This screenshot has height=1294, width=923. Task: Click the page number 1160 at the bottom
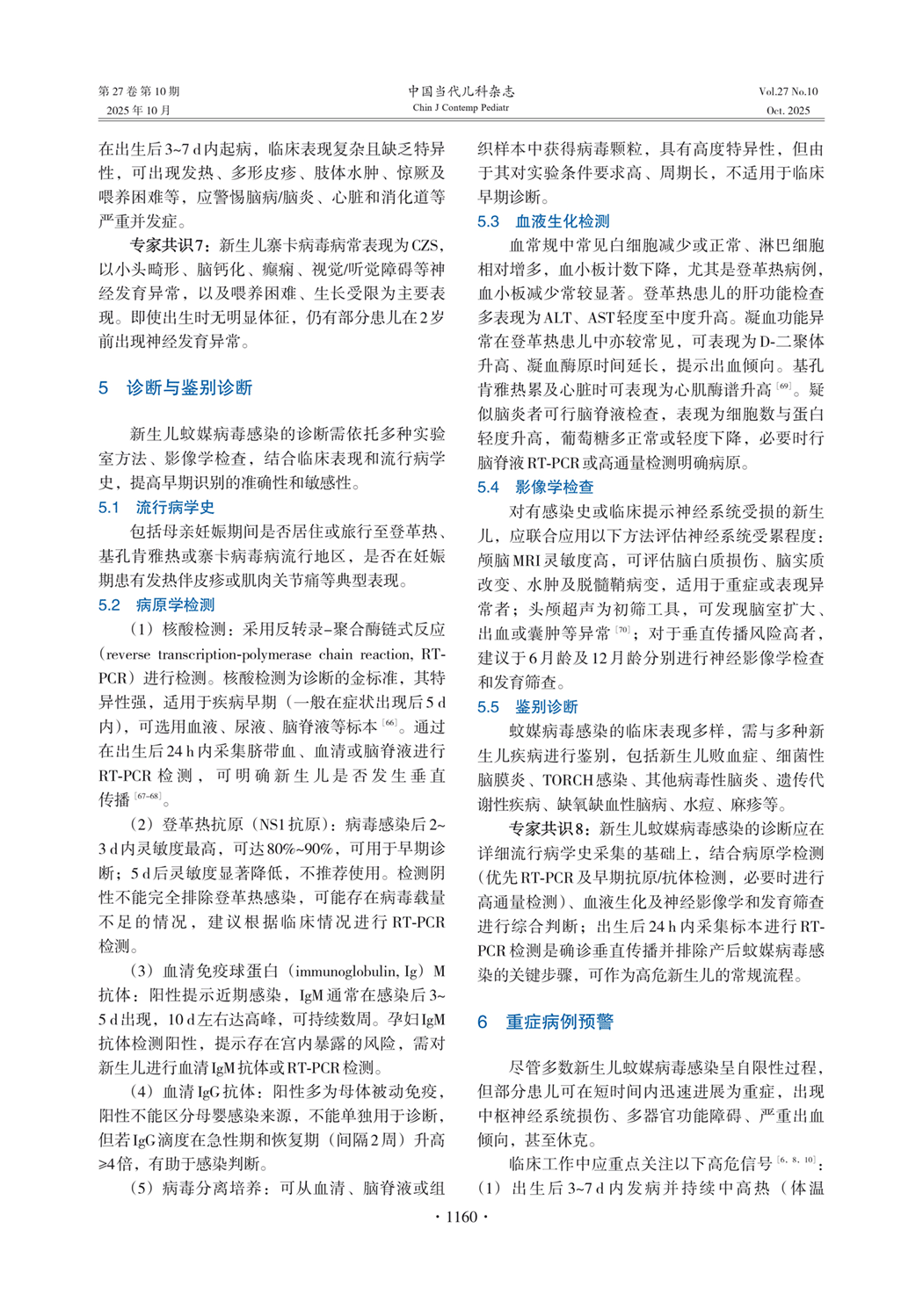(461, 1217)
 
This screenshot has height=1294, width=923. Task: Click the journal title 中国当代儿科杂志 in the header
(461, 91)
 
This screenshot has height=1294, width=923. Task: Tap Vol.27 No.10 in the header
(788, 91)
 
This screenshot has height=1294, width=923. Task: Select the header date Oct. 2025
(788, 111)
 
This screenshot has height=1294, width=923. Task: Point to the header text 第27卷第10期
(139, 91)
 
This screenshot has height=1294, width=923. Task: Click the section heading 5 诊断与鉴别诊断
(176, 387)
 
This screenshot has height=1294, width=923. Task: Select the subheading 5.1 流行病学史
(156, 507)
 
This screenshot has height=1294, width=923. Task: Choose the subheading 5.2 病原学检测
(156, 604)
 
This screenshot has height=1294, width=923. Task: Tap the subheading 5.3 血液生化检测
(543, 221)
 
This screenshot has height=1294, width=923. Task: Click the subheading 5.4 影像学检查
(535, 487)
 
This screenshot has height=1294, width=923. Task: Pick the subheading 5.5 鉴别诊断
(527, 706)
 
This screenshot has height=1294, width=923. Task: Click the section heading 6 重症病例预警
(545, 1022)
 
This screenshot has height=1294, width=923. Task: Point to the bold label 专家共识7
(167, 245)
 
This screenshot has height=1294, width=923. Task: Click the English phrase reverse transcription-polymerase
(207, 654)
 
